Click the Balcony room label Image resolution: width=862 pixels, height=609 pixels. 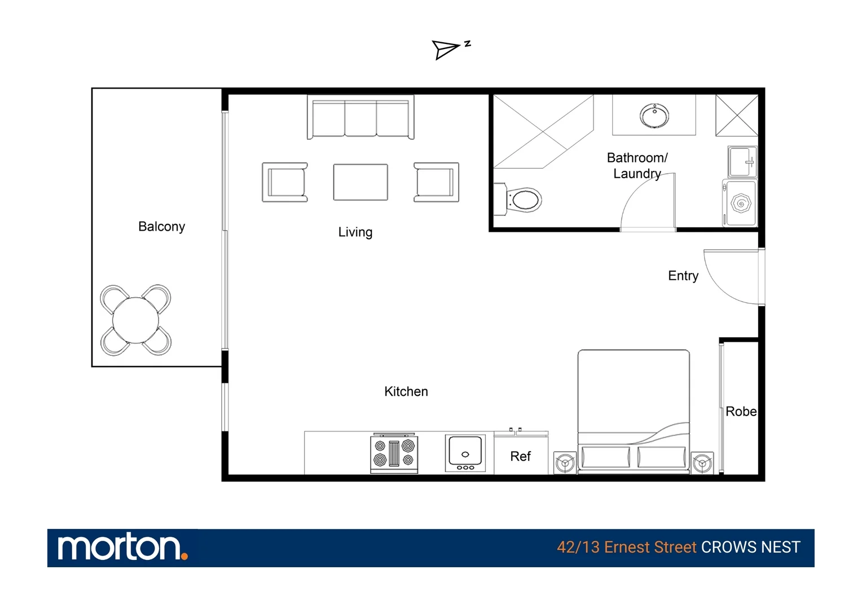[x=161, y=227]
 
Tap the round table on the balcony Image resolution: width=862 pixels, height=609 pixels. [x=135, y=320]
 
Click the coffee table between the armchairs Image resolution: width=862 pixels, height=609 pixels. [x=360, y=182]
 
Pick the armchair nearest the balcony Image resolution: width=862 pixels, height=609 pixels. [x=285, y=182]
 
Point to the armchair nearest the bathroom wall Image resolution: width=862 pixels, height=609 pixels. [x=436, y=182]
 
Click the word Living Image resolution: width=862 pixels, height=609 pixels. [x=355, y=232]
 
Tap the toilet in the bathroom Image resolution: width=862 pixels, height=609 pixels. [x=518, y=200]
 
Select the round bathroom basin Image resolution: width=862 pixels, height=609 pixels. [x=654, y=116]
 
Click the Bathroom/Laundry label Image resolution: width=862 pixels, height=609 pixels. [x=637, y=166]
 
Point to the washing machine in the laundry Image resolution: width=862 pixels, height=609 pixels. [x=740, y=203]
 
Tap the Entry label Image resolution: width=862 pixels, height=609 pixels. [x=683, y=276]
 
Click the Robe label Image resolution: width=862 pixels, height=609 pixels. [x=741, y=412]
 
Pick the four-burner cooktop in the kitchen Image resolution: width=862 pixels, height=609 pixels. [x=394, y=453]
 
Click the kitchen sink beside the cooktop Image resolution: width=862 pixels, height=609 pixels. [x=465, y=453]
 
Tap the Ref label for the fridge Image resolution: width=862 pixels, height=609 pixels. [x=520, y=456]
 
